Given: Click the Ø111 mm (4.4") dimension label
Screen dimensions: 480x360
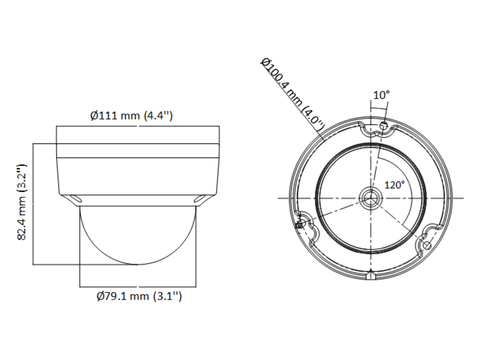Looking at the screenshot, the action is click(132, 116).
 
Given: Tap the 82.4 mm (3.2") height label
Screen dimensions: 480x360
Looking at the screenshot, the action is click(22, 202).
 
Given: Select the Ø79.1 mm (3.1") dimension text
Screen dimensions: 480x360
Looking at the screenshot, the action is click(139, 296).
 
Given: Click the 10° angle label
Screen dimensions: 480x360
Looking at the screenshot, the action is click(381, 95).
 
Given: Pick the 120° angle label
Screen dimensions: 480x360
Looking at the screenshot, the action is click(394, 185).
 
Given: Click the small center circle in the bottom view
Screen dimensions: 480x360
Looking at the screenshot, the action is click(371, 198).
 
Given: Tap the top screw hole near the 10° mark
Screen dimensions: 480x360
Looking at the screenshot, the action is click(384, 126).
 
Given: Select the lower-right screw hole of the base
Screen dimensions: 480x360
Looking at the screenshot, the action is click(427, 246).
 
